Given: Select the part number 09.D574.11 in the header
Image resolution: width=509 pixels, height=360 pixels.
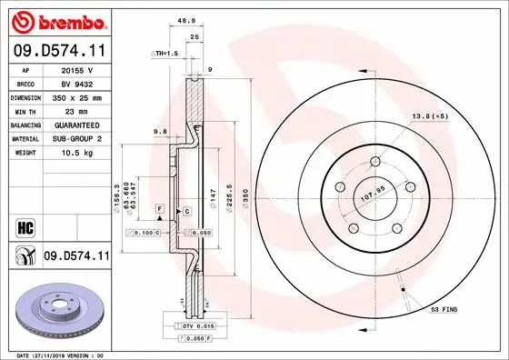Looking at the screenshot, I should pyautogui.click(x=56, y=53).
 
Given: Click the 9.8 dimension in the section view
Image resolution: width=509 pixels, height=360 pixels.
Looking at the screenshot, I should pyautogui.click(x=161, y=132).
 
